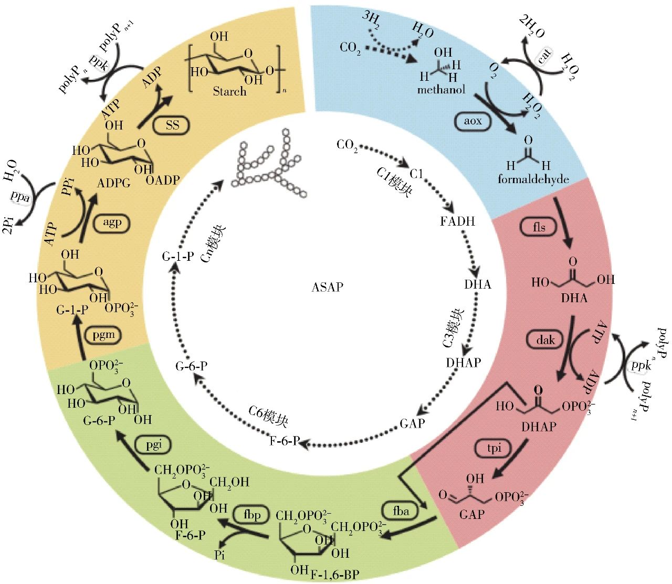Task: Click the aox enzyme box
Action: (472, 121)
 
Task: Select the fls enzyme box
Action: (539, 227)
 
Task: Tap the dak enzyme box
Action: (545, 340)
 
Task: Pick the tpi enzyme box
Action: (495, 448)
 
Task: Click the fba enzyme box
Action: (401, 511)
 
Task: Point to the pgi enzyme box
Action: (154, 445)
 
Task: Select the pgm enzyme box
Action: (103, 335)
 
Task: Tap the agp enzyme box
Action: (112, 222)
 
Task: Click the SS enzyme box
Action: (172, 125)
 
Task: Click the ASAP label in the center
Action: (327, 287)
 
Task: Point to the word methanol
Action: (441, 90)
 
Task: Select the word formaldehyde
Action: (533, 179)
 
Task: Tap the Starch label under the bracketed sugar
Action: (229, 91)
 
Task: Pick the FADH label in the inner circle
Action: (457, 221)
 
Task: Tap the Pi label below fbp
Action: (219, 555)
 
